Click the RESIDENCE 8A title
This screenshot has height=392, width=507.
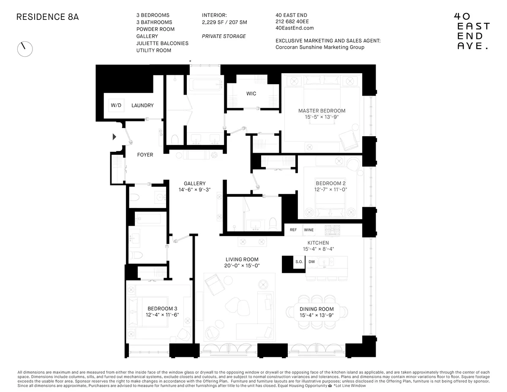[47, 17]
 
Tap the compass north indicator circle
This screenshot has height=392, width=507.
[25, 49]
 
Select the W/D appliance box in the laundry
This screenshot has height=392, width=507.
[116, 105]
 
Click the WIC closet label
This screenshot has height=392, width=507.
[251, 93]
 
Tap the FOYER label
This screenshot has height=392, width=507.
[145, 155]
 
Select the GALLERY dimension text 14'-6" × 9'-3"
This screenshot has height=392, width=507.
[194, 190]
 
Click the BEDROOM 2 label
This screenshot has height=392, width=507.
[330, 183]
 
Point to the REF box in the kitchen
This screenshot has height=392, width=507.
[293, 230]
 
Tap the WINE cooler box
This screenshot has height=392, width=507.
[309, 230]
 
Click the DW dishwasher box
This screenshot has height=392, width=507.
[311, 262]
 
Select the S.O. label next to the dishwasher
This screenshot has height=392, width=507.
[299, 262]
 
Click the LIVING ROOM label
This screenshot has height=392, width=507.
[242, 259]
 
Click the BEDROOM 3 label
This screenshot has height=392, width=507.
[163, 309]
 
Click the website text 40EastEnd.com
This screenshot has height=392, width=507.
[294, 28]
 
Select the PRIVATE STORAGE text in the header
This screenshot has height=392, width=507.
[224, 36]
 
